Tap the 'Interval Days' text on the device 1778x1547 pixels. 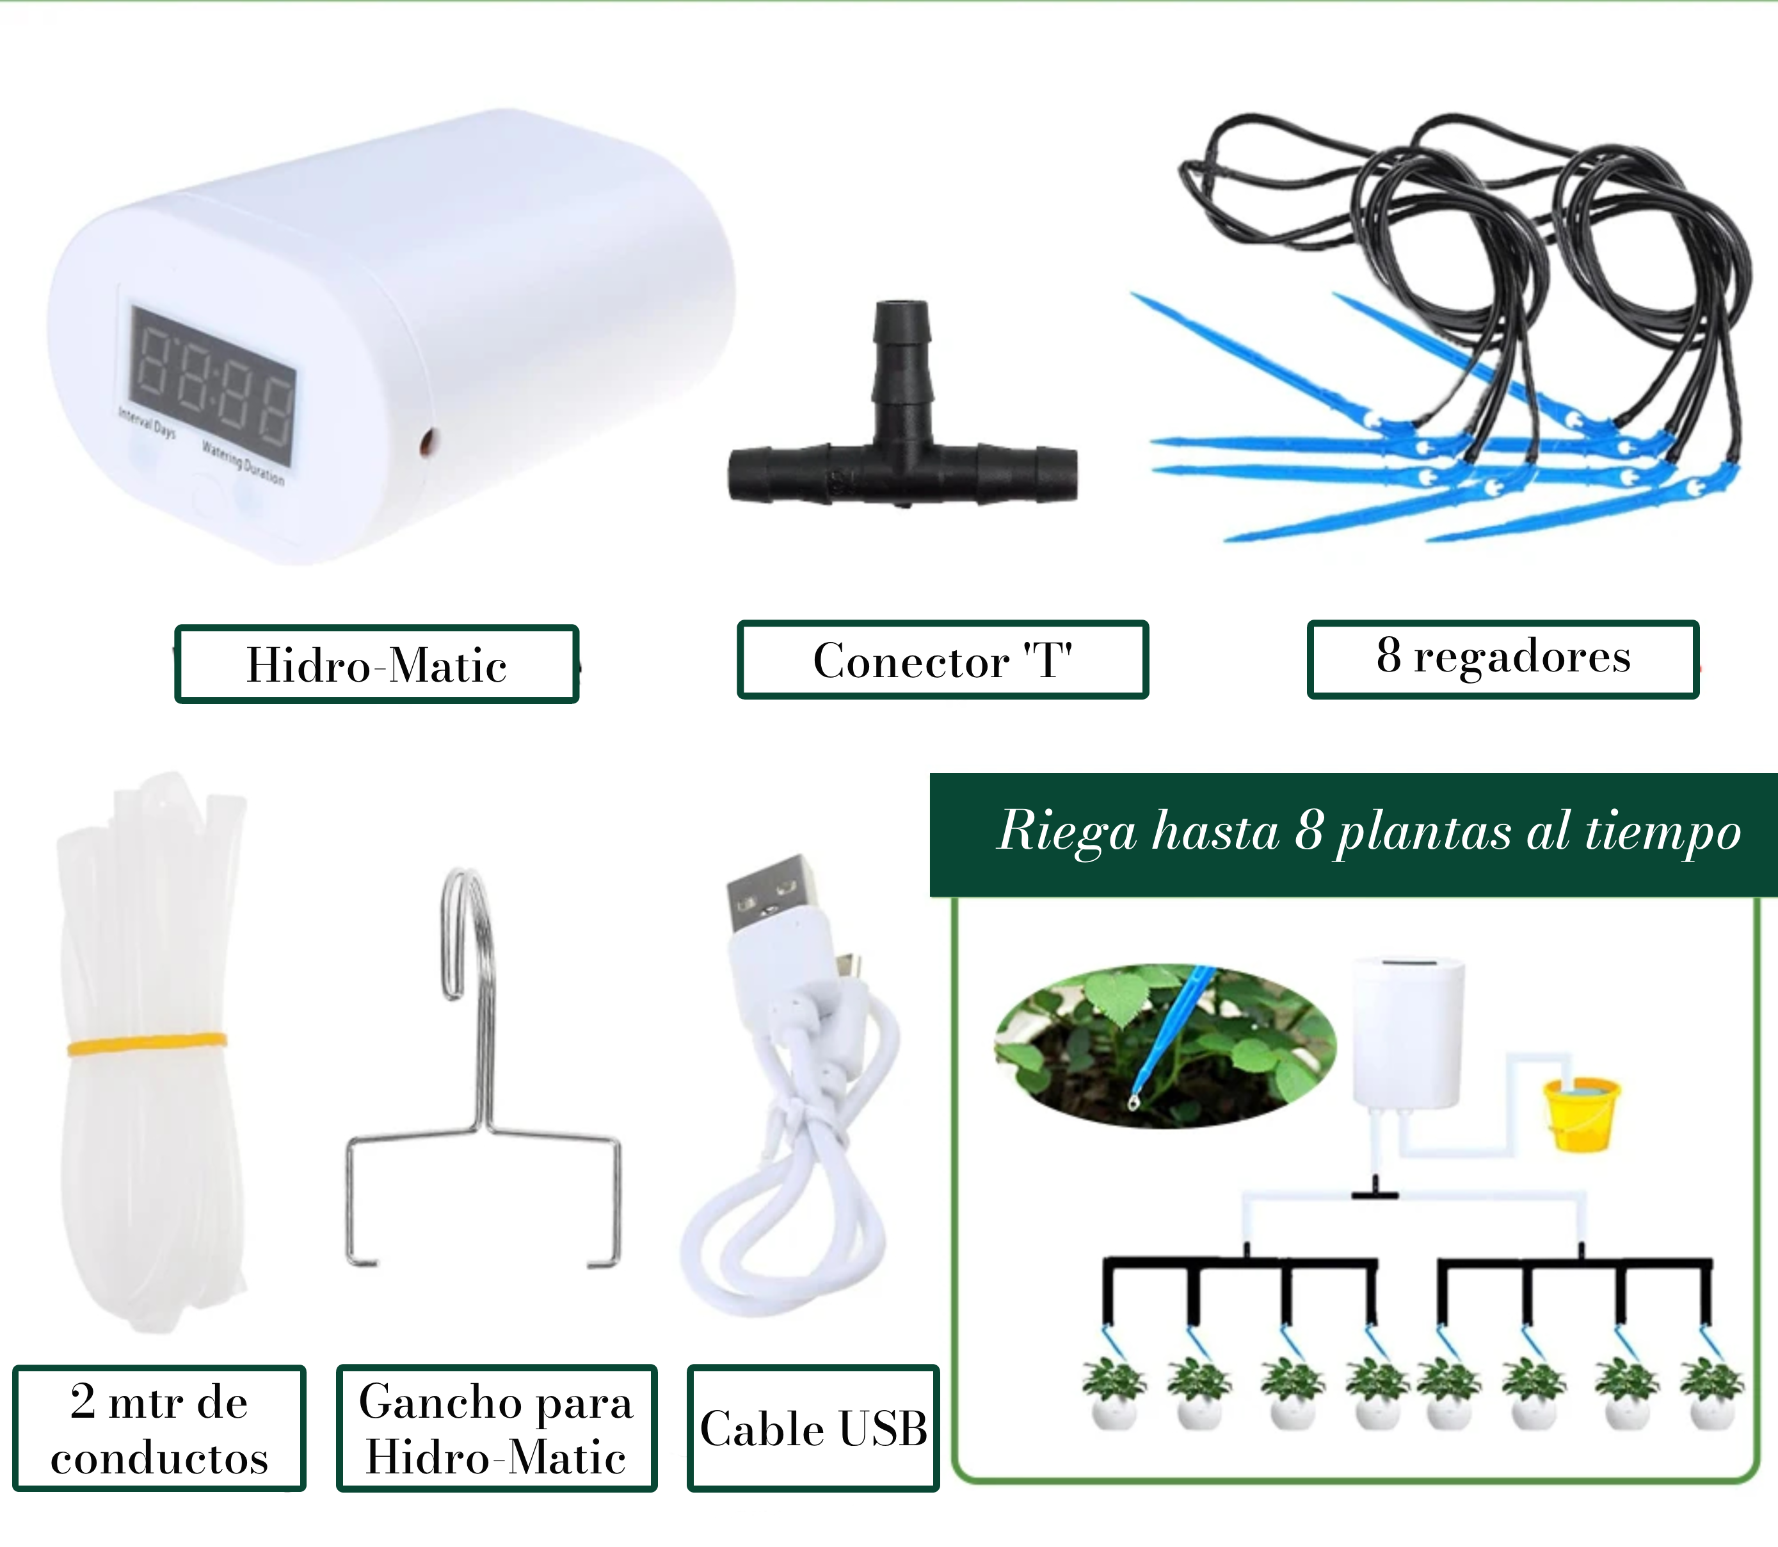pos(147,423)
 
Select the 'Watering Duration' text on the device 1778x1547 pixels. pos(243,462)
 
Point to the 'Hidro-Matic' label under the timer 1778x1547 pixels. pos(376,665)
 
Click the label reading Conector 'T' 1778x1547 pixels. pos(943,661)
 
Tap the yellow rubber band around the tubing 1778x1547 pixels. pos(147,1044)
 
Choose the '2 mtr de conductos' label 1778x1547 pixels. pos(159,1429)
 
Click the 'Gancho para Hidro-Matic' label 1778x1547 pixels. pos(496,1429)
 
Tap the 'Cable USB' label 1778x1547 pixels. pos(813,1429)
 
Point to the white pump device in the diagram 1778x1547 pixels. pos(1407,1032)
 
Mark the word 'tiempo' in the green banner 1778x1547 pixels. pos(1662,833)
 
